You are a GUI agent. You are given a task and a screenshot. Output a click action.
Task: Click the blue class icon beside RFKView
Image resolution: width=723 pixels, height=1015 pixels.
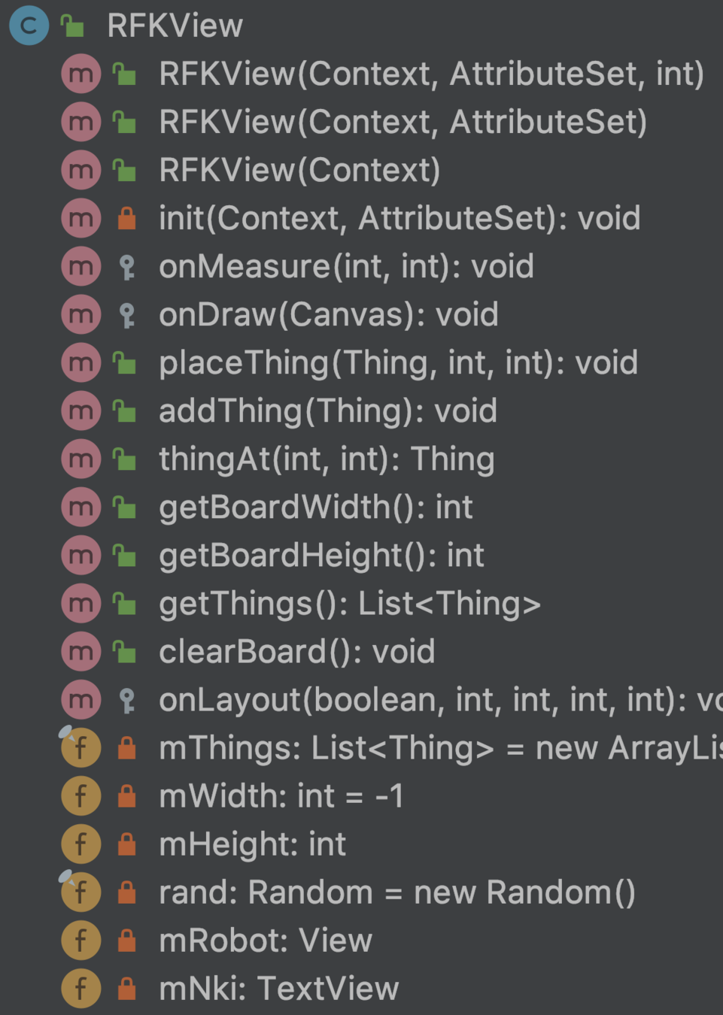coord(29,26)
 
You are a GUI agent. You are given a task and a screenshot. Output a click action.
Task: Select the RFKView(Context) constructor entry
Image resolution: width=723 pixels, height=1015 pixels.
coord(299,170)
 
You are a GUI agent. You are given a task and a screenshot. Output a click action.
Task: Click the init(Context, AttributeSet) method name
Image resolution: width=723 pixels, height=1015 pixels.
coord(399,218)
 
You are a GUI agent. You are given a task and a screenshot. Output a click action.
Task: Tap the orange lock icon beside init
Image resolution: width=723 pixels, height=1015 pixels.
coord(127,219)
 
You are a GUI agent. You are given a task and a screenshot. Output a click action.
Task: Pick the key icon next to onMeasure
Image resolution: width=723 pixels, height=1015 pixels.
coord(127,267)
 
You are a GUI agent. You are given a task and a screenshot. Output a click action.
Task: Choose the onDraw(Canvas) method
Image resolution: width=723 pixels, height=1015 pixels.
coord(328,314)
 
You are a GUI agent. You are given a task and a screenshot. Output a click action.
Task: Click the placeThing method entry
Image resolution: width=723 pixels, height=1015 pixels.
coord(397,363)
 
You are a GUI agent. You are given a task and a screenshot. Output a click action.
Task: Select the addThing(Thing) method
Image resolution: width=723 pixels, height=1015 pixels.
coord(327,411)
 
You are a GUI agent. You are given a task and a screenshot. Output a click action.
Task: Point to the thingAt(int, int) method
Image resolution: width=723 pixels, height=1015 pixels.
coord(326,459)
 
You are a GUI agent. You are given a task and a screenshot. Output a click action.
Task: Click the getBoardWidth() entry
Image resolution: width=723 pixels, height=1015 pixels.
coord(315,507)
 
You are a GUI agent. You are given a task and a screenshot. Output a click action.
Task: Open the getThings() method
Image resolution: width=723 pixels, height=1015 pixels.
coord(349,604)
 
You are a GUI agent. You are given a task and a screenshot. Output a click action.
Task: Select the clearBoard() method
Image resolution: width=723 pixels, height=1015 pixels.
coord(296,652)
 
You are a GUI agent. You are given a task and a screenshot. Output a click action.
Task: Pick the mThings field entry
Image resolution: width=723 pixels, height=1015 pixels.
coord(436,748)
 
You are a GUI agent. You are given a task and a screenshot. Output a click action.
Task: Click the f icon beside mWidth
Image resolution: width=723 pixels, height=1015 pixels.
coord(81,796)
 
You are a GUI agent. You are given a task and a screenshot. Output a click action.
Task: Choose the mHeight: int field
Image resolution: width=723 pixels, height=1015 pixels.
coord(252,844)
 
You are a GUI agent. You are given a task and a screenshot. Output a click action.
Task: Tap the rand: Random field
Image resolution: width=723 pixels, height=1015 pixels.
coord(396,892)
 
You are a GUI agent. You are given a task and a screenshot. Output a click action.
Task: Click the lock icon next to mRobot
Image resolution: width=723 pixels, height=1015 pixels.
coord(127,941)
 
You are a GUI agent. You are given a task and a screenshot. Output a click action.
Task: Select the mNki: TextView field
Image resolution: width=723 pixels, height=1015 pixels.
coord(278,989)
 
